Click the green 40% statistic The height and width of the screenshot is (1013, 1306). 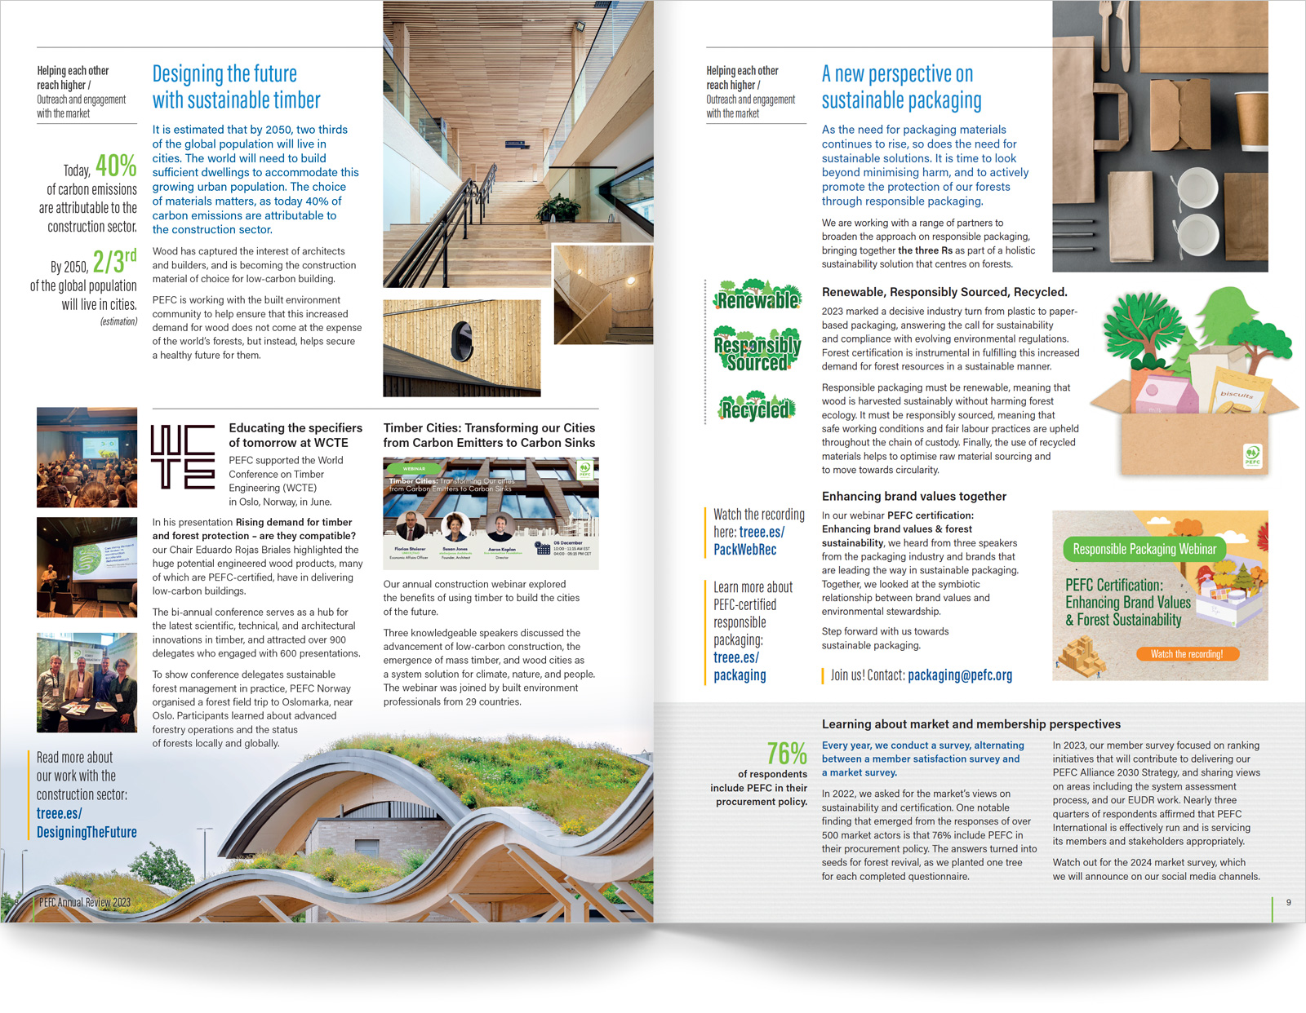click(x=116, y=166)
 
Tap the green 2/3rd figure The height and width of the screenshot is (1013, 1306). click(x=114, y=262)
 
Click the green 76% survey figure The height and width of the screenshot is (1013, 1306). click(x=787, y=753)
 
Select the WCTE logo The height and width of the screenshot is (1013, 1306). click(x=183, y=456)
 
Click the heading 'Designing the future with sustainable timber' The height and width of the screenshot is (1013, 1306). click(x=236, y=87)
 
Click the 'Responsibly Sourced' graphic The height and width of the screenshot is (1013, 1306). click(x=757, y=350)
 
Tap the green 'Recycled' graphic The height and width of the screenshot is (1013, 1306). click(x=757, y=407)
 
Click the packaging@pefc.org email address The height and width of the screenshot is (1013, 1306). click(x=960, y=675)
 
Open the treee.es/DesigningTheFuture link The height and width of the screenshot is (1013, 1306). click(x=86, y=823)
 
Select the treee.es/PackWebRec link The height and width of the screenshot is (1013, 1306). click(x=749, y=541)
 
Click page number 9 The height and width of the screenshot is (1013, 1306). click(x=1289, y=902)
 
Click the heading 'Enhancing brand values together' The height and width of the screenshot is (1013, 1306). click(x=913, y=496)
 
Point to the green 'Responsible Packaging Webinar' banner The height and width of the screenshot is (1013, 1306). click(x=1144, y=549)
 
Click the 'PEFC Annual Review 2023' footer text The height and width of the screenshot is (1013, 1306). click(x=85, y=902)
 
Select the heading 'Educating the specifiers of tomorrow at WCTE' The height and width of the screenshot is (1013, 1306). click(x=295, y=435)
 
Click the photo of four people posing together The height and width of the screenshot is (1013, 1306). click(x=87, y=683)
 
